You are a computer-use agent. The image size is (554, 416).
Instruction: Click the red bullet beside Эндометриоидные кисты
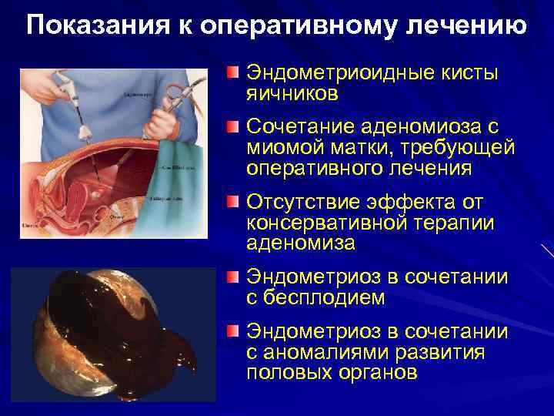pos(233,73)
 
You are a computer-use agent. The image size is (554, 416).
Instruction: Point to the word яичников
pos(292,93)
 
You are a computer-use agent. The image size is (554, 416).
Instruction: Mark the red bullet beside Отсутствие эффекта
pos(233,203)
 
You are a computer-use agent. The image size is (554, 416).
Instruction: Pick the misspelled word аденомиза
pos(301,243)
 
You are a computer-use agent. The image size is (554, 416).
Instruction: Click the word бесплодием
pos(322,297)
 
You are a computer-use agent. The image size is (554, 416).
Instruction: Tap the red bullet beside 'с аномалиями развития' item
pos(233,331)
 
